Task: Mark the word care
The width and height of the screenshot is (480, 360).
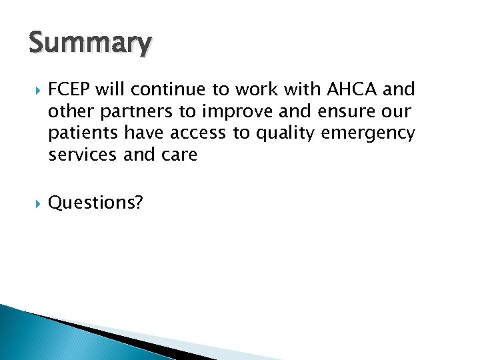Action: [x=179, y=155]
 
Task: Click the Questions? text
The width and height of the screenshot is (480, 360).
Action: [x=95, y=203]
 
